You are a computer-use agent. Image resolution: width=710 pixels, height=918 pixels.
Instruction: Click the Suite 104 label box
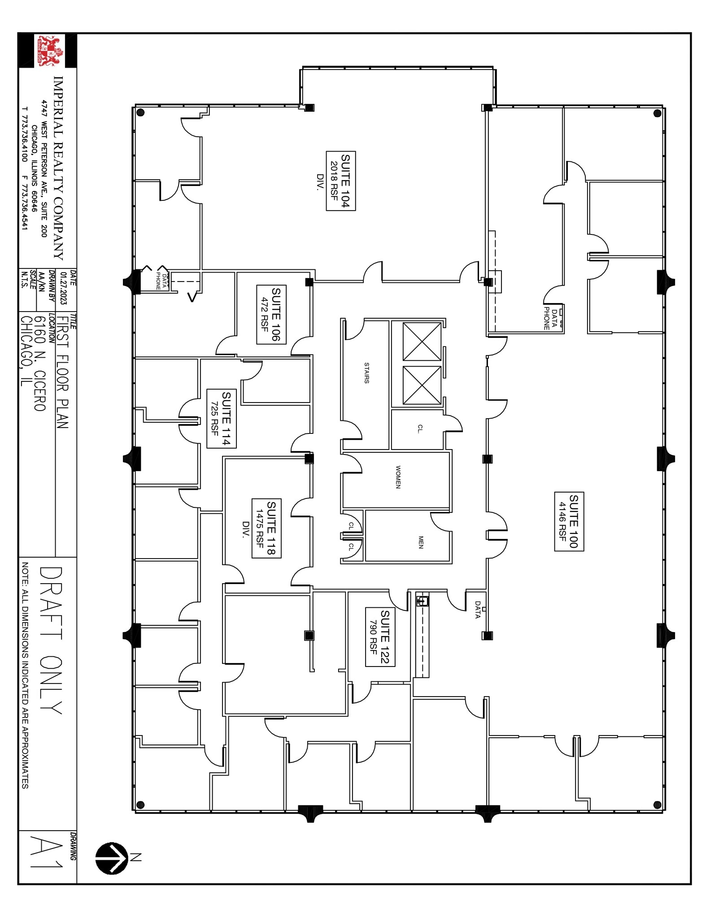click(x=341, y=181)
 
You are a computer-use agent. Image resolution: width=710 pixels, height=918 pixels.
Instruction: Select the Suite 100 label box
click(x=569, y=521)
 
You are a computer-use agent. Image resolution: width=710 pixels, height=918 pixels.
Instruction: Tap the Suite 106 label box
click(x=271, y=314)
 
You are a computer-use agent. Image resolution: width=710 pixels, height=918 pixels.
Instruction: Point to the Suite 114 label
click(x=221, y=418)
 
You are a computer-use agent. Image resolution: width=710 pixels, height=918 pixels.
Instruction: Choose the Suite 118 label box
click(x=266, y=528)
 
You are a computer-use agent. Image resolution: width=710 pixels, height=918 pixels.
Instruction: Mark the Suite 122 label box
click(x=380, y=637)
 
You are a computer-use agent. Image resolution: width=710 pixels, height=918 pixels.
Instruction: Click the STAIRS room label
click(x=366, y=372)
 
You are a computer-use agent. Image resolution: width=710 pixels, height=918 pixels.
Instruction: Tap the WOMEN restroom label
click(x=398, y=476)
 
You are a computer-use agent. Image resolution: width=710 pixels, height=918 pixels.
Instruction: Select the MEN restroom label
click(x=420, y=542)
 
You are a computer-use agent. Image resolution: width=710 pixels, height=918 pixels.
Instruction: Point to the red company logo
click(x=49, y=51)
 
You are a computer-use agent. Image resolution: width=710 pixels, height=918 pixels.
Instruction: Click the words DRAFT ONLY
click(x=50, y=641)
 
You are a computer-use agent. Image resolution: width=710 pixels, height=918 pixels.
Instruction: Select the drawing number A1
click(x=47, y=858)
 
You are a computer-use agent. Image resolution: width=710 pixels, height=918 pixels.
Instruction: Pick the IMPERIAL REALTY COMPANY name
click(x=59, y=168)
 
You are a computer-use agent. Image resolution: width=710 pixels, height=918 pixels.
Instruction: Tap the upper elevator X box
click(x=422, y=341)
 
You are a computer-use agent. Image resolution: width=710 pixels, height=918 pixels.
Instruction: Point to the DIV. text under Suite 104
click(x=320, y=182)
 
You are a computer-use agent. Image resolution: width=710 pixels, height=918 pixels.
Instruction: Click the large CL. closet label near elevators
click(x=419, y=429)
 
